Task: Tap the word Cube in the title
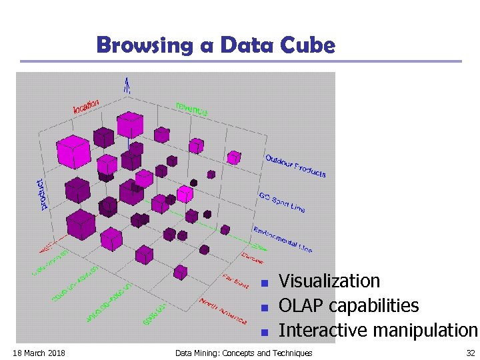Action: tap(307, 45)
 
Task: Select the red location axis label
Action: tap(86, 105)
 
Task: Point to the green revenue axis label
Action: tap(192, 109)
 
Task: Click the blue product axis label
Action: tap(43, 194)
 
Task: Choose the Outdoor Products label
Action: tap(295, 166)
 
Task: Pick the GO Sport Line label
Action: tap(281, 202)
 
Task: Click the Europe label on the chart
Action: tap(252, 257)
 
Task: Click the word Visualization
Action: tap(329, 281)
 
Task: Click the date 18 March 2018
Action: tap(39, 353)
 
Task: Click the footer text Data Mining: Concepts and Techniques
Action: tap(243, 353)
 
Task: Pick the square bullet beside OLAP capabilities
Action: tap(264, 308)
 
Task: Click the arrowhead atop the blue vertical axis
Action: tap(126, 83)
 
